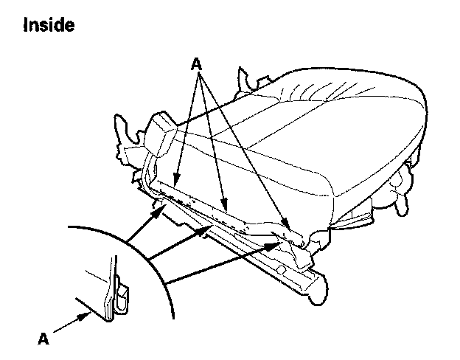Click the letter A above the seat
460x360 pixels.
196,64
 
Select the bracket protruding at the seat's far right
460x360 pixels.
402,184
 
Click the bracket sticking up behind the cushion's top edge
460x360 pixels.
244,80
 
